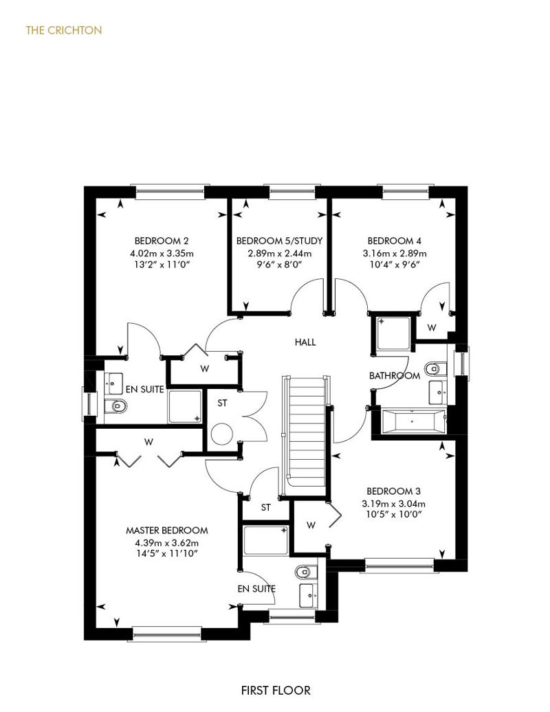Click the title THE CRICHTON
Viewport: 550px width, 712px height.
[63, 30]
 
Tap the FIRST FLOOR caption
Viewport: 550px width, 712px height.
[276, 691]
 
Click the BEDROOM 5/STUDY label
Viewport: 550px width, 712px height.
[279, 241]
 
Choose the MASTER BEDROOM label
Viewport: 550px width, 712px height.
[166, 531]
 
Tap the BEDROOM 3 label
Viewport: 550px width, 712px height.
[393, 491]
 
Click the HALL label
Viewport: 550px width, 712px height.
[305, 342]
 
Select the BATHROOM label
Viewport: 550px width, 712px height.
[394, 376]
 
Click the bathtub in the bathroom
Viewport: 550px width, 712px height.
[412, 421]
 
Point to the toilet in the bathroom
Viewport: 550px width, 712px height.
[436, 368]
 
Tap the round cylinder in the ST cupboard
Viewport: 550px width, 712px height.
[222, 434]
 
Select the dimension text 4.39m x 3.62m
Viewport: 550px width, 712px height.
[166, 543]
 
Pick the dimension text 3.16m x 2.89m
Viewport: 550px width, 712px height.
[394, 254]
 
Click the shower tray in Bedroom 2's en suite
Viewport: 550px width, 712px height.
[185, 406]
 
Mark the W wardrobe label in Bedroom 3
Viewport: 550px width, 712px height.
[311, 525]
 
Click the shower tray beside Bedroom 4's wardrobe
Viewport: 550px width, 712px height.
[393, 333]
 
